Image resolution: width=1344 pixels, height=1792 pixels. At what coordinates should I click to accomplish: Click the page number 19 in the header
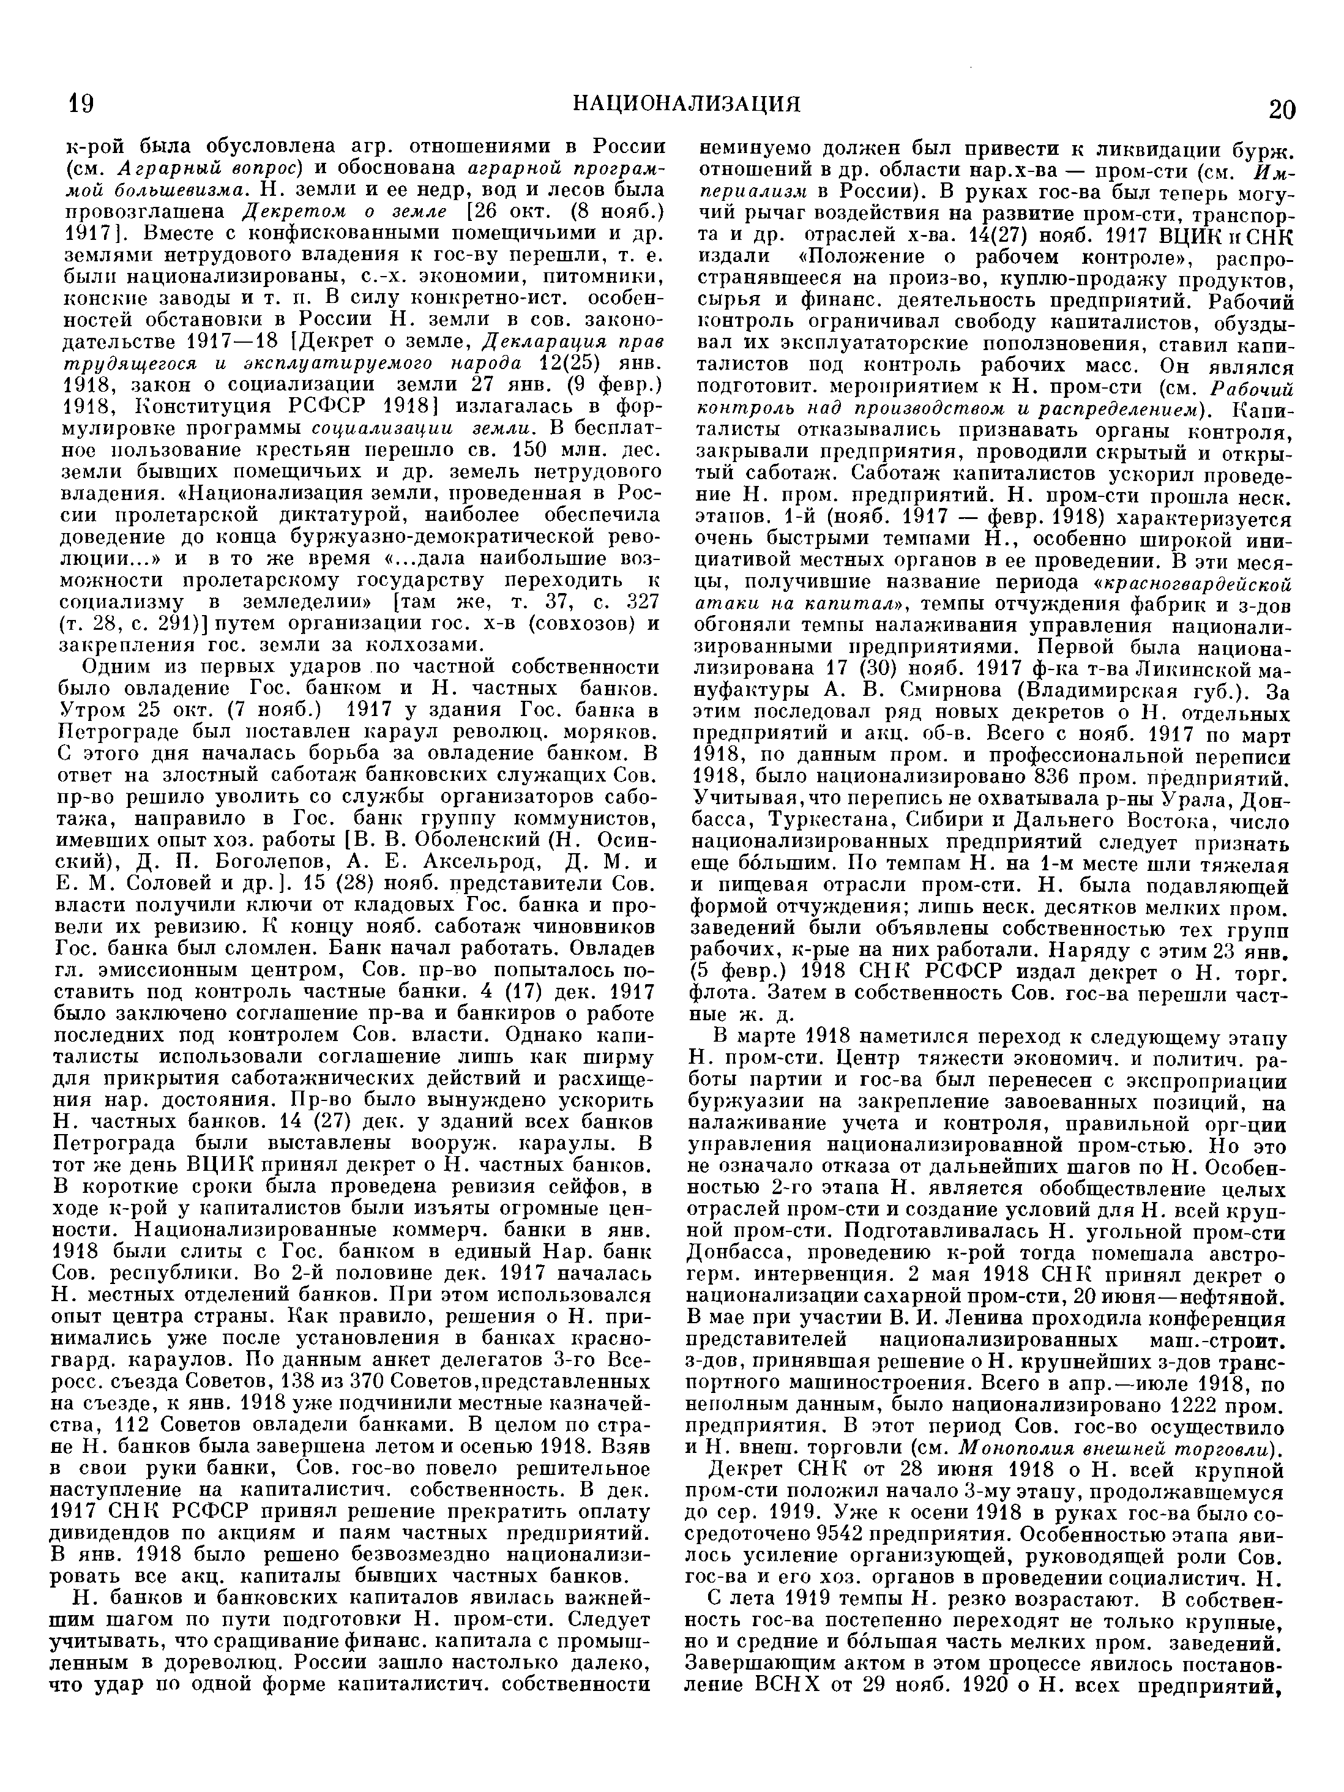pyautogui.click(x=81, y=105)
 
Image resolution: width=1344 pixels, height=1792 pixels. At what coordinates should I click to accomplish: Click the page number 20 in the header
pyautogui.click(x=1281, y=108)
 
